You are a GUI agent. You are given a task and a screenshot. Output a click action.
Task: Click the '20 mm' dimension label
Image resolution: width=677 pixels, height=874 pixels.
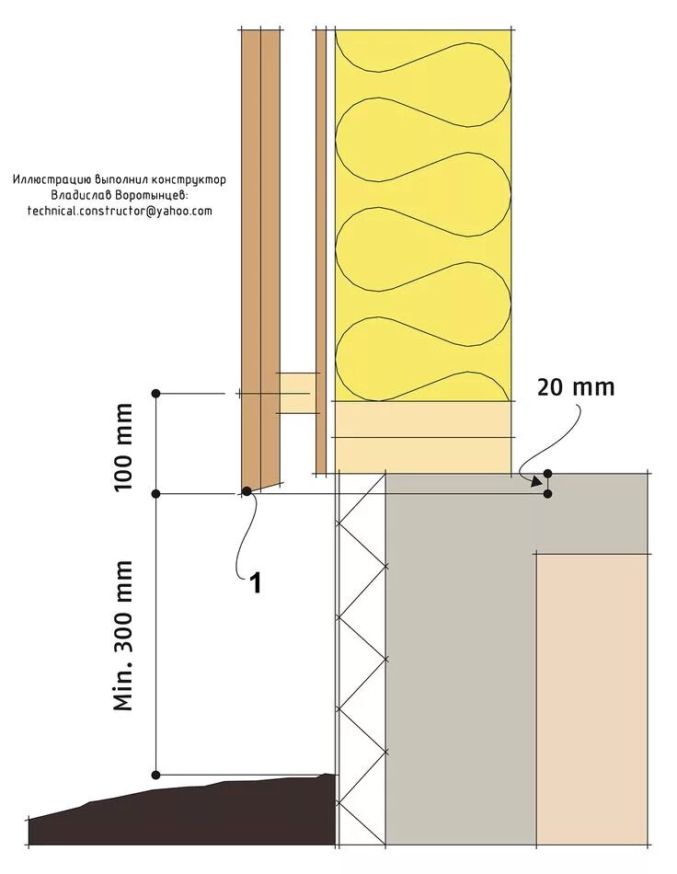click(x=575, y=387)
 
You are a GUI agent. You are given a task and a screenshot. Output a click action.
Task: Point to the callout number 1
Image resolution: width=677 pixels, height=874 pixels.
click(x=256, y=582)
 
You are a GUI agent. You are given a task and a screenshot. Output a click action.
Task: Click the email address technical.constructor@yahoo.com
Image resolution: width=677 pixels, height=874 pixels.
click(x=120, y=211)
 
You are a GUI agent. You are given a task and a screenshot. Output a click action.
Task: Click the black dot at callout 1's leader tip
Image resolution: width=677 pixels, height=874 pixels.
click(x=247, y=491)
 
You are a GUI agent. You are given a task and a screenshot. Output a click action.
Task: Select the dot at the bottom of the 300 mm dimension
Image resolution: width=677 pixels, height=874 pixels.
click(x=156, y=774)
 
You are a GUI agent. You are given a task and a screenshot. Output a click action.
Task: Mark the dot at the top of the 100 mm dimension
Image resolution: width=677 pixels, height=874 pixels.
click(x=156, y=393)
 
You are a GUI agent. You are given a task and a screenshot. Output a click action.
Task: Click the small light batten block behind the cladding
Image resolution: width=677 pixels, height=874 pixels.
click(x=298, y=393)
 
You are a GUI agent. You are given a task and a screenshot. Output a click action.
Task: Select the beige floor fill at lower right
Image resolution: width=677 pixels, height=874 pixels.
click(x=593, y=699)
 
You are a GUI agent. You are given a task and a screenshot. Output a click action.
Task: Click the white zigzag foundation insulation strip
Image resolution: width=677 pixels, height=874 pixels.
click(x=361, y=662)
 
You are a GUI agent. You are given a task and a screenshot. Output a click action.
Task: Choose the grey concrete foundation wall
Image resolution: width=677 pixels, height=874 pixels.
click(x=460, y=662)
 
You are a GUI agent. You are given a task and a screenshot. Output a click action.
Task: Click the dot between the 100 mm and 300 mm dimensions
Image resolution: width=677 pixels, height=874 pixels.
click(x=156, y=494)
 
